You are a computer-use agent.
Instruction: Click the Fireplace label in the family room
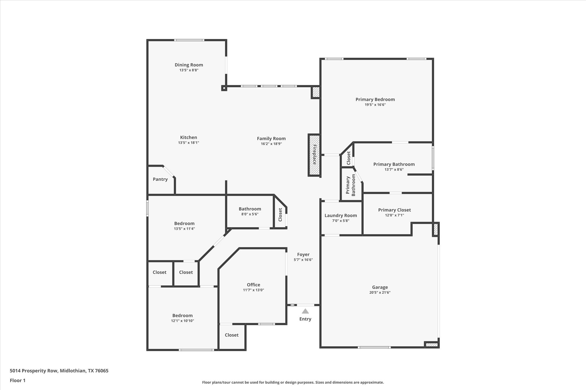tap(314, 155)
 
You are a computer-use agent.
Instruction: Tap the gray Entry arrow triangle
tap(305, 311)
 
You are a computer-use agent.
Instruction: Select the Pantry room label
tap(160, 179)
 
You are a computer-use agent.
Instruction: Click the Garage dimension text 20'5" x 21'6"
tap(380, 292)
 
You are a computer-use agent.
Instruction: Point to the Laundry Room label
tap(340, 215)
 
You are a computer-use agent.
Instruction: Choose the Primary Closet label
tap(394, 210)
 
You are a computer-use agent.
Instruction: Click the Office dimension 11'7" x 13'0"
tap(253, 290)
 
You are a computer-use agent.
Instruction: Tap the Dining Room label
tap(189, 65)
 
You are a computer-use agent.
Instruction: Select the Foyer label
tap(303, 254)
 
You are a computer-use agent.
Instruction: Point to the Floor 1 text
tap(18, 380)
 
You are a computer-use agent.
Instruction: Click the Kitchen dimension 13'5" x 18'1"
tap(189, 143)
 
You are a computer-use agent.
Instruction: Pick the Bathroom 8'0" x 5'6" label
tap(250, 209)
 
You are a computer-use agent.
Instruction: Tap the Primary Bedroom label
tap(375, 99)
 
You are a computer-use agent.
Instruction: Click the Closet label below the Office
tap(231, 335)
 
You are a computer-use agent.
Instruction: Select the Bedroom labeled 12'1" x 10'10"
tap(182, 315)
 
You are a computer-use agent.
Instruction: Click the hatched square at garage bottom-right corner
tap(431, 345)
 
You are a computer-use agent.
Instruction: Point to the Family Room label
tap(271, 139)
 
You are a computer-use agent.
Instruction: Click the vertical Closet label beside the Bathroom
tap(280, 214)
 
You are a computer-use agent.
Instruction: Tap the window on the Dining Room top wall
tap(189, 40)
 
